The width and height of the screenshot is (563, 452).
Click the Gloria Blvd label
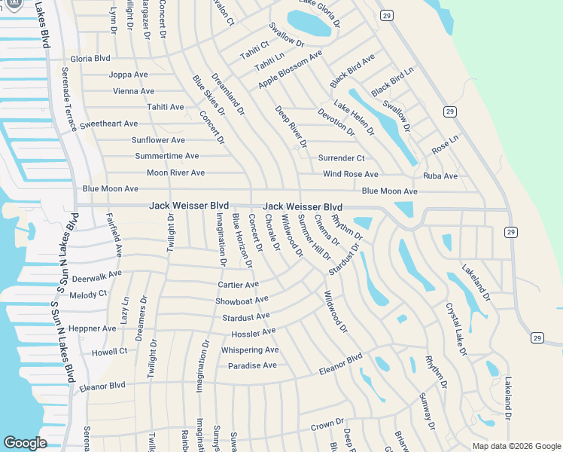click(90, 58)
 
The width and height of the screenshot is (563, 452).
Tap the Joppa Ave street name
click(128, 75)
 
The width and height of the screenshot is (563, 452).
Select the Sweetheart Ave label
click(108, 124)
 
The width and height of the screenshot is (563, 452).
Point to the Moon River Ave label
click(175, 173)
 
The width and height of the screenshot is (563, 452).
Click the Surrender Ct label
click(341, 158)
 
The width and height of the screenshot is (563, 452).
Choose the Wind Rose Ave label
click(350, 174)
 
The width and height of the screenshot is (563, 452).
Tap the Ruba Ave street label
click(440, 176)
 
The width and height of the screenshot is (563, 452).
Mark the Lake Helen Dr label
click(354, 118)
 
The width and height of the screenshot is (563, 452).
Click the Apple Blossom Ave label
click(290, 69)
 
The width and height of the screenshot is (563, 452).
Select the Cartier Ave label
click(238, 284)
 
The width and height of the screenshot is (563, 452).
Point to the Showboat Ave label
click(242, 300)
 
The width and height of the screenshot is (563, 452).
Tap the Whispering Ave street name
click(250, 350)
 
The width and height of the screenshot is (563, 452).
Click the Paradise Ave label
click(252, 365)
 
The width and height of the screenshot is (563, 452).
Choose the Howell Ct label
click(109, 351)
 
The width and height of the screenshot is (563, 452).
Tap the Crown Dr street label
click(327, 425)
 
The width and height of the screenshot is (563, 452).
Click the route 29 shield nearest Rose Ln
click(449, 111)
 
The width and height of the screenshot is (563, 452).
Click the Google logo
click(24, 443)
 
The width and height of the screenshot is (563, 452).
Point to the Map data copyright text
click(516, 446)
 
